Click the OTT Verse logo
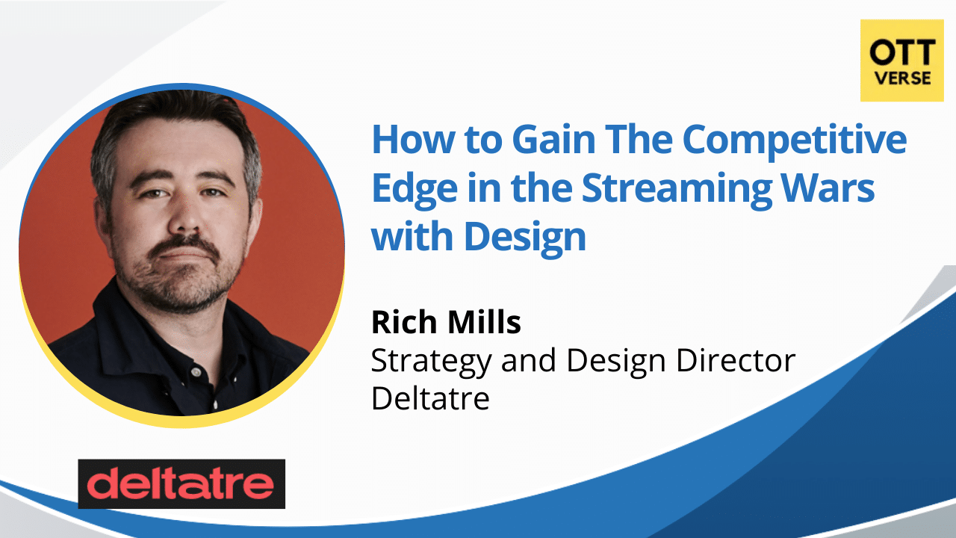click(x=901, y=61)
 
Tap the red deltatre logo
click(x=181, y=484)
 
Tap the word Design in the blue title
click(x=525, y=237)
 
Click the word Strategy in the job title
click(x=432, y=361)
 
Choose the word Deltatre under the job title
click(x=430, y=398)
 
